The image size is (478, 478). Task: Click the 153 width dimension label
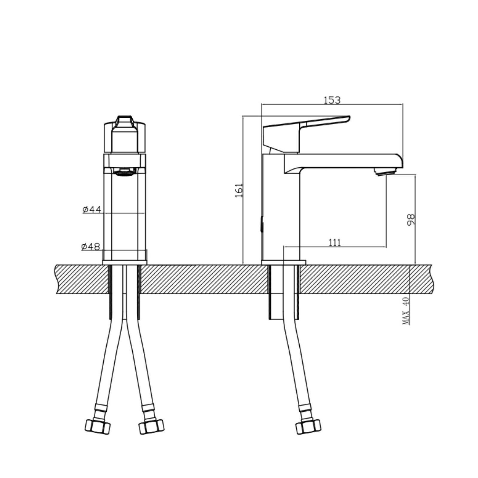tap(332, 100)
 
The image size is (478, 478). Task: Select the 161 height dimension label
tap(239, 190)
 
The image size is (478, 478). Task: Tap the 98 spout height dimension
tap(411, 220)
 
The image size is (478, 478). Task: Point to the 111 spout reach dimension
tap(335, 242)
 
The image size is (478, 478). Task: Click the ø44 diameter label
tap(92, 209)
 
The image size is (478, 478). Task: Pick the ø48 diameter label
tap(91, 247)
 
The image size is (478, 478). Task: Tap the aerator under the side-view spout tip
tap(386, 172)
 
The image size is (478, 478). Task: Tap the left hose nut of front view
tap(97, 426)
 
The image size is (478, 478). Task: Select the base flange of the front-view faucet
tap(125, 262)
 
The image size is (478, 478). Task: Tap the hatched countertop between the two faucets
tap(203, 279)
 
